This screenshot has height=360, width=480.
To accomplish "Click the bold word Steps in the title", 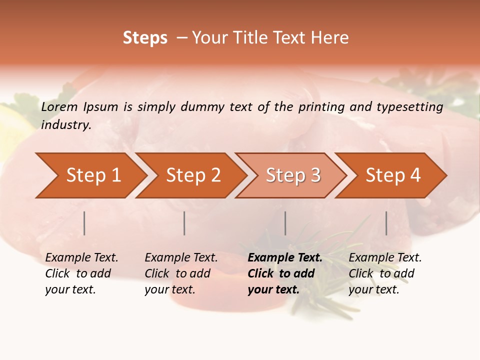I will pyautogui.click(x=145, y=37).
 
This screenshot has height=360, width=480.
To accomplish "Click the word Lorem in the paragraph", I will pyautogui.click(x=59, y=106).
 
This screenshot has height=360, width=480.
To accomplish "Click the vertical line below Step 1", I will pyautogui.click(x=84, y=223).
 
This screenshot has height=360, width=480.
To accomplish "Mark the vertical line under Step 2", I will pyautogui.click(x=184, y=223).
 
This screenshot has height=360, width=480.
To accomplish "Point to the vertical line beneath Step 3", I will pyautogui.click(x=285, y=223).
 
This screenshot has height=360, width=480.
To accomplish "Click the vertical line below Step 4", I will pyautogui.click(x=386, y=223).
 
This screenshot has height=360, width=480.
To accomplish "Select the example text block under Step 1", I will pyautogui.click(x=81, y=273).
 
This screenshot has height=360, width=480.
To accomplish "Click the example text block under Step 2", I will pyautogui.click(x=181, y=273).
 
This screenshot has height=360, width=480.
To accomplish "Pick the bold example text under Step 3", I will pyautogui.click(x=284, y=273).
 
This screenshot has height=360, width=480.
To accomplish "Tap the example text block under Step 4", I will pyautogui.click(x=385, y=273).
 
